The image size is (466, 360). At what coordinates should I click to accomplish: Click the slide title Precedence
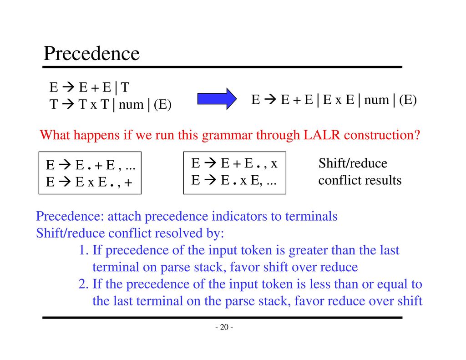pyautogui.click(x=91, y=54)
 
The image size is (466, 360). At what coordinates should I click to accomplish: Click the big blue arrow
pyautogui.click(x=217, y=99)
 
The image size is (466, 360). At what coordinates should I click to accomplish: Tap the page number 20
pyautogui.click(x=224, y=327)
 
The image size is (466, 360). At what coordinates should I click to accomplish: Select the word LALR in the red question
pyautogui.click(x=322, y=135)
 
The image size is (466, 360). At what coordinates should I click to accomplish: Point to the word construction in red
pyautogui.click(x=382, y=135)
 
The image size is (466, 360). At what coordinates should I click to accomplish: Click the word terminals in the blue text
pyautogui.click(x=311, y=216)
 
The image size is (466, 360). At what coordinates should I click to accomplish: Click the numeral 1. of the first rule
pyautogui.click(x=84, y=250)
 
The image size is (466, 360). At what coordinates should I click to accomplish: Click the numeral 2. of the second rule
pyautogui.click(x=84, y=284)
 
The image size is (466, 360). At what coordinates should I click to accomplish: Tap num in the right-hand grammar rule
pyautogui.click(x=376, y=100)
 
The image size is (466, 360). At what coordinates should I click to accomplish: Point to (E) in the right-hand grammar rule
pyautogui.click(x=408, y=100)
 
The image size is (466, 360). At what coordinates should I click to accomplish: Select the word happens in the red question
pyautogui.click(x=96, y=136)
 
